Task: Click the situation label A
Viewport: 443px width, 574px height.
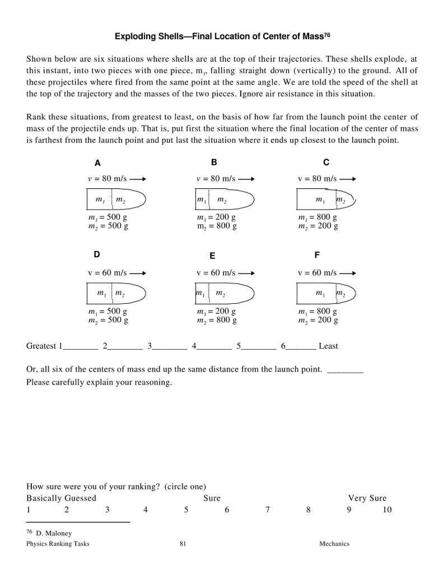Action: (x=97, y=163)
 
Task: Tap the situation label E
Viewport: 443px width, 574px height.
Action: (x=212, y=256)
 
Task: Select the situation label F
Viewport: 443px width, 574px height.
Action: (x=317, y=255)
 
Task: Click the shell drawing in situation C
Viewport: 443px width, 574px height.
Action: (x=325, y=200)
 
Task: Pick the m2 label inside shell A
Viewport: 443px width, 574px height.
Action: (x=120, y=200)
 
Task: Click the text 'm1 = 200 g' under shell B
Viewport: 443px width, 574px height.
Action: (x=216, y=217)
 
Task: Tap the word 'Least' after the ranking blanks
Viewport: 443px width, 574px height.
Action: (x=328, y=346)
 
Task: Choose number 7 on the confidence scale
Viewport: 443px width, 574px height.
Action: (x=268, y=510)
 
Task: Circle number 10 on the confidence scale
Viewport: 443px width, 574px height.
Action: (x=388, y=510)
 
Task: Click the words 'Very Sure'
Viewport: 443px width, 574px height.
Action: (x=367, y=498)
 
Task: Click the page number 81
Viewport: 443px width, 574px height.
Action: (x=183, y=544)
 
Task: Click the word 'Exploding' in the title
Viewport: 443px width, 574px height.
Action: (x=135, y=36)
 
